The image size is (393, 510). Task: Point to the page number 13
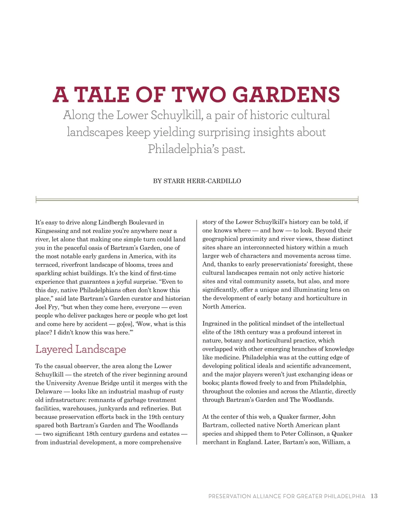[x=374, y=496]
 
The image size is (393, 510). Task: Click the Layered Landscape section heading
[x=81, y=349]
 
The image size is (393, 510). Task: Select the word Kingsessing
[x=52, y=231]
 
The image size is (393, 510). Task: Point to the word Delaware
[x=48, y=392]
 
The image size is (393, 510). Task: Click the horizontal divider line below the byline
[x=197, y=199]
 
